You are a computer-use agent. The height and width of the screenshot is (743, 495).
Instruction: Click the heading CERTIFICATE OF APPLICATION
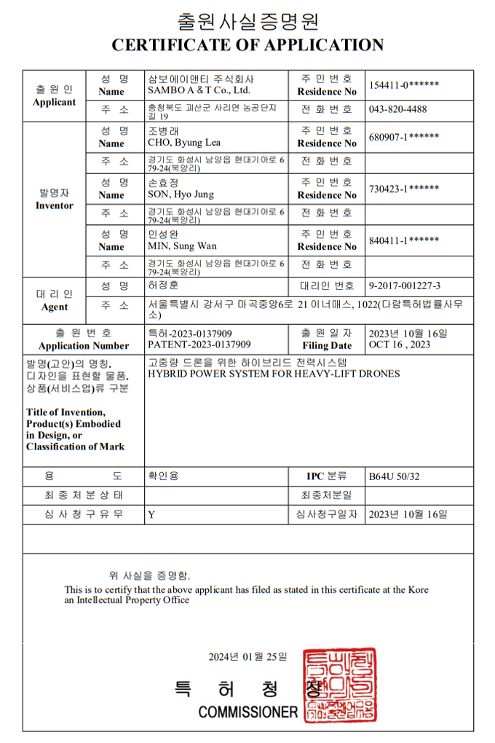pyautogui.click(x=247, y=45)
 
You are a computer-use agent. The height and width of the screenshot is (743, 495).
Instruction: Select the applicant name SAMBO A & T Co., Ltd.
pyautogui.click(x=199, y=90)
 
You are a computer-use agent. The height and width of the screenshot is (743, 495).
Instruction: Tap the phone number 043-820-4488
pyautogui.click(x=398, y=109)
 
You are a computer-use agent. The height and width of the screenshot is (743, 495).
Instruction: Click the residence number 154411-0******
pyautogui.click(x=404, y=84)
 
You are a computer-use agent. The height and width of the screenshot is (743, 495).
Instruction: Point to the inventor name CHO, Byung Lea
pyautogui.click(x=183, y=143)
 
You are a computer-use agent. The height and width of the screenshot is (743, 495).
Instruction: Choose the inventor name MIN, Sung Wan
pyautogui.click(x=181, y=246)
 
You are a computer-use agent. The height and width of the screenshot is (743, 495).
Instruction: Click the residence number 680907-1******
pyautogui.click(x=404, y=136)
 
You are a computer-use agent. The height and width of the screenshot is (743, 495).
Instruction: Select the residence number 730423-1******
pyautogui.click(x=404, y=188)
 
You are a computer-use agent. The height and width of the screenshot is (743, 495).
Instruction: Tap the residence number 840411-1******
pyautogui.click(x=404, y=240)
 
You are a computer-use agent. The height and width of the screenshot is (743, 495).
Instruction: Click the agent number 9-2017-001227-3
pyautogui.click(x=405, y=286)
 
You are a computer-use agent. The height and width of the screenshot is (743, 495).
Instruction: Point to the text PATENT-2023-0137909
pyautogui.click(x=199, y=345)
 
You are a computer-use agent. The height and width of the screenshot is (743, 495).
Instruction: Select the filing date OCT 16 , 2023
pyautogui.click(x=400, y=345)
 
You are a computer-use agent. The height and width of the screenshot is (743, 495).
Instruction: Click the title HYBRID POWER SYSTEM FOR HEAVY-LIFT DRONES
pyautogui.click(x=274, y=374)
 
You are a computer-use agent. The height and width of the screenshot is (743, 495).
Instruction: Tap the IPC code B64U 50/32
pyautogui.click(x=395, y=476)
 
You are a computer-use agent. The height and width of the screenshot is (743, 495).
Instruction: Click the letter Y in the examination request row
pyautogui.click(x=151, y=514)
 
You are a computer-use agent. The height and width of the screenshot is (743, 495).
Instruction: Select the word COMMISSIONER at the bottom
pyautogui.click(x=248, y=712)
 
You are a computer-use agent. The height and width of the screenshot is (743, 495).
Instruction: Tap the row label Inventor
pyautogui.click(x=54, y=206)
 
